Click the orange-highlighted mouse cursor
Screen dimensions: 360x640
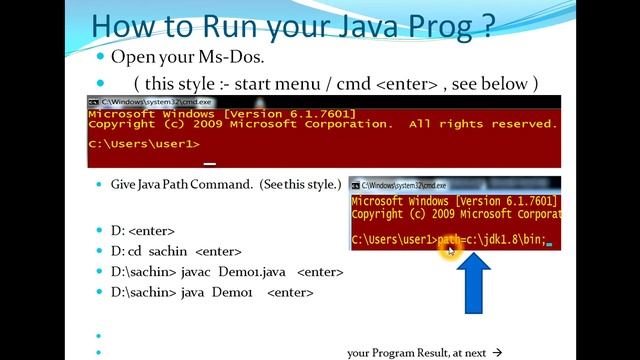tap(448, 249)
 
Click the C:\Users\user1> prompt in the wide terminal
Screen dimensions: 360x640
tap(144, 144)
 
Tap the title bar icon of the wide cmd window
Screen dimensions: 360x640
tap(93, 102)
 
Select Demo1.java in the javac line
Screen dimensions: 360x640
tap(272, 272)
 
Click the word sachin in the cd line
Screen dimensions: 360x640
tap(168, 251)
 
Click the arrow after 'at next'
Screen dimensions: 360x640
tap(497, 352)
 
